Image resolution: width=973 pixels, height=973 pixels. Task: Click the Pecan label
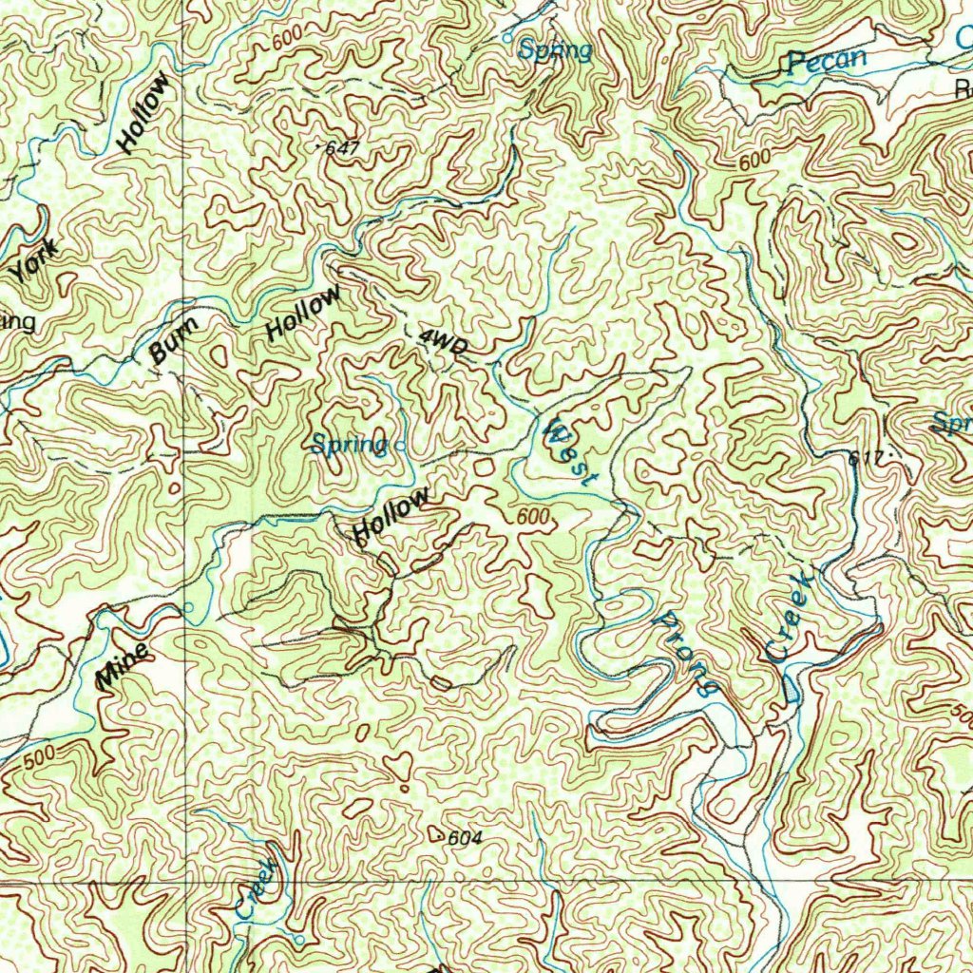click(827, 62)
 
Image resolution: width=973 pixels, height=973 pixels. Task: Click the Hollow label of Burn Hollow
click(303, 314)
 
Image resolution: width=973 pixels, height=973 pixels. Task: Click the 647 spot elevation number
click(342, 148)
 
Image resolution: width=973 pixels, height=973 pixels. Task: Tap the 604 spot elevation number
click(465, 838)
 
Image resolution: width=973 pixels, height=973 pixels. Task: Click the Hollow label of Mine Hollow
click(391, 516)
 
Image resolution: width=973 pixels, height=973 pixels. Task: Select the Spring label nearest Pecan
click(556, 50)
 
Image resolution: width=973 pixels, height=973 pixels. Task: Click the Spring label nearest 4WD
click(349, 445)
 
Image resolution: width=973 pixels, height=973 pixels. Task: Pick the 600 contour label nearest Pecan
click(754, 162)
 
